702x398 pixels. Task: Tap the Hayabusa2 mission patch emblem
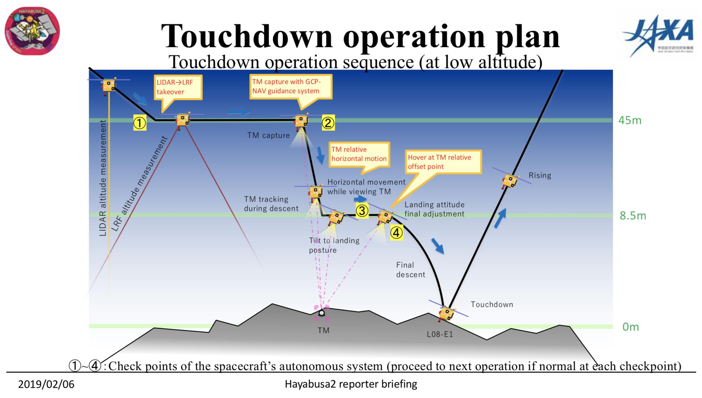[32, 31]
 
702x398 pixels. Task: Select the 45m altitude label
[630, 120]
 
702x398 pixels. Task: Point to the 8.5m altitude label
[633, 216]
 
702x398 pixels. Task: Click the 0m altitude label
[630, 327]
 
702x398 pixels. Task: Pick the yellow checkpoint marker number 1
[139, 123]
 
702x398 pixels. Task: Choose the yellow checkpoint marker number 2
[328, 123]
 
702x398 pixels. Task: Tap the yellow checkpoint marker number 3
[362, 210]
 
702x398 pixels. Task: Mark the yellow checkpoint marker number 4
[396, 233]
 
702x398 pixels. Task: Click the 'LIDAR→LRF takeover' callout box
[178, 87]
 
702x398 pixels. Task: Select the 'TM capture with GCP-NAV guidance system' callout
[290, 86]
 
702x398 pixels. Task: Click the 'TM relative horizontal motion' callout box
[359, 154]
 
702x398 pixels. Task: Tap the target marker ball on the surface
[322, 313]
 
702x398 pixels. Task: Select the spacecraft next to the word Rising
[510, 181]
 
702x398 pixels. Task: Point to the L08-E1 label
[440, 334]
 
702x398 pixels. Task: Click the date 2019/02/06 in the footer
[46, 384]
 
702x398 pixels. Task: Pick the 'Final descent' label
[410, 270]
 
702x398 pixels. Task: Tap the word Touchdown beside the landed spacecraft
[492, 305]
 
